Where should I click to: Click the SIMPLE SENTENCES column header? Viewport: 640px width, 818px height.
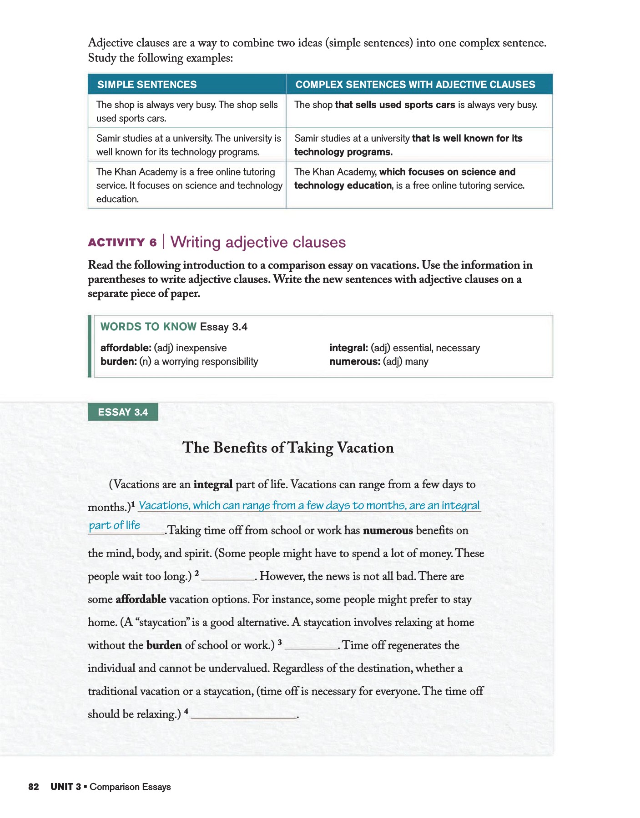pos(147,85)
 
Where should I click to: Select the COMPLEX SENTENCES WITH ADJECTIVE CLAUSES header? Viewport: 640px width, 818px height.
pos(415,85)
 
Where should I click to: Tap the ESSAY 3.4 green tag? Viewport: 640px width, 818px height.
pos(123,412)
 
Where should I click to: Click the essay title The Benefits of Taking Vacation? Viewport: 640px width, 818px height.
pos(288,448)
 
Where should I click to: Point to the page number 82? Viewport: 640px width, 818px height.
pos(34,787)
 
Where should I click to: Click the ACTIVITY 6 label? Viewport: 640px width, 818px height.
pos(122,243)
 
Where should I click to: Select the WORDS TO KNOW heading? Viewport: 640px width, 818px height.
pos(148,327)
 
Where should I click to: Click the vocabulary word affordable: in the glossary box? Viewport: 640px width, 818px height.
pos(126,348)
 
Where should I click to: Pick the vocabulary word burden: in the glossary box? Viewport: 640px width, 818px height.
pos(118,362)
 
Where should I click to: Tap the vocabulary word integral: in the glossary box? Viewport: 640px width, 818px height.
pos(348,348)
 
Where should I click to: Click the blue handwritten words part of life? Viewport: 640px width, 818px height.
pos(115,526)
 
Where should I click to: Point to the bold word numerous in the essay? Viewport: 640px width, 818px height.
pos(388,531)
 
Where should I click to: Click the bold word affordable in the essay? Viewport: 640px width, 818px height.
pos(141,599)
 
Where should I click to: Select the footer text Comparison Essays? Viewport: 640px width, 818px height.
pos(130,787)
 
